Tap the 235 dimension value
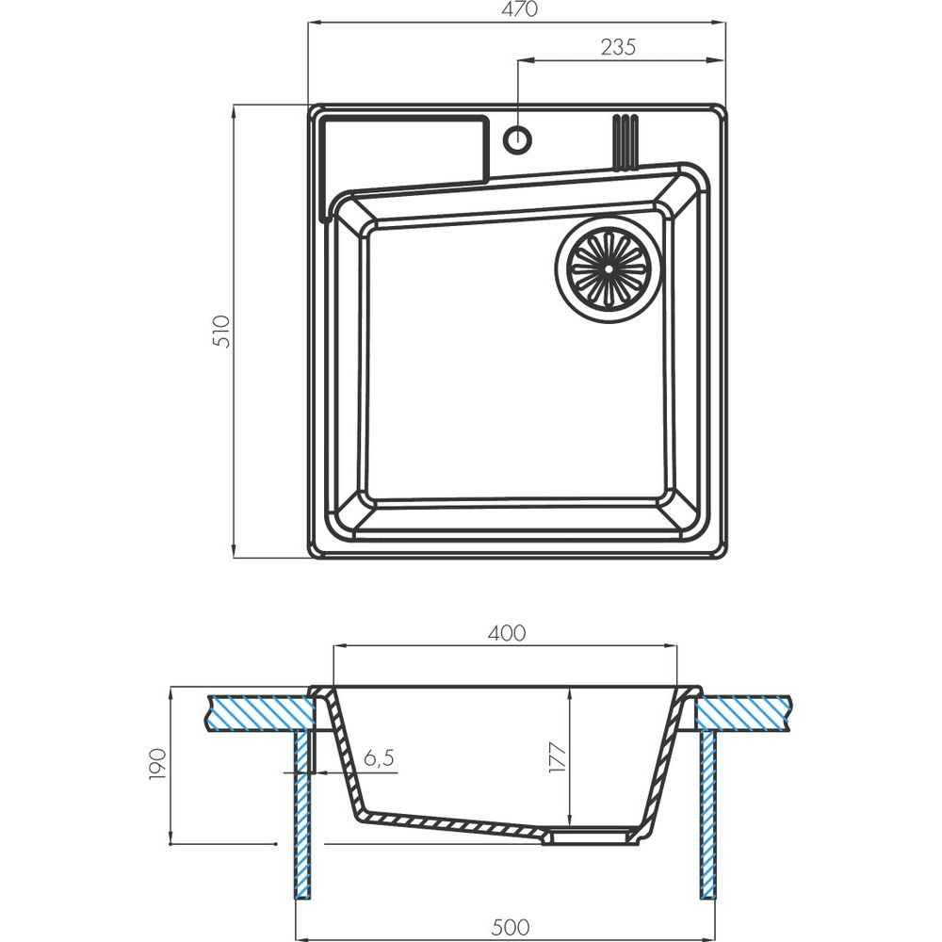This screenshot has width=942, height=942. coord(618,47)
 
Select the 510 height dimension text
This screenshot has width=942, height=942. coord(221,331)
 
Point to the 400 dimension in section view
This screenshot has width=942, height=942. coord(506,633)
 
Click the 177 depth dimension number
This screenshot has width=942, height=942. coord(557,758)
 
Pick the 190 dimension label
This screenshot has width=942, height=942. coord(156,764)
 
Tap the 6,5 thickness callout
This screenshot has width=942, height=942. coord(379,758)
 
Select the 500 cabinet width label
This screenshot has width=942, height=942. coord(510,927)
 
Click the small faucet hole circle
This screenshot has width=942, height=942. coord(516,139)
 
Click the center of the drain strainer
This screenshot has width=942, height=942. coord(609,268)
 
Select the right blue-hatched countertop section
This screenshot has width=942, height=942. coord(743,713)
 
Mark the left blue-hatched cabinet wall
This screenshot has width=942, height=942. coord(302,814)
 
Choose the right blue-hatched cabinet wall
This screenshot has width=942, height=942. coord(709,814)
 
